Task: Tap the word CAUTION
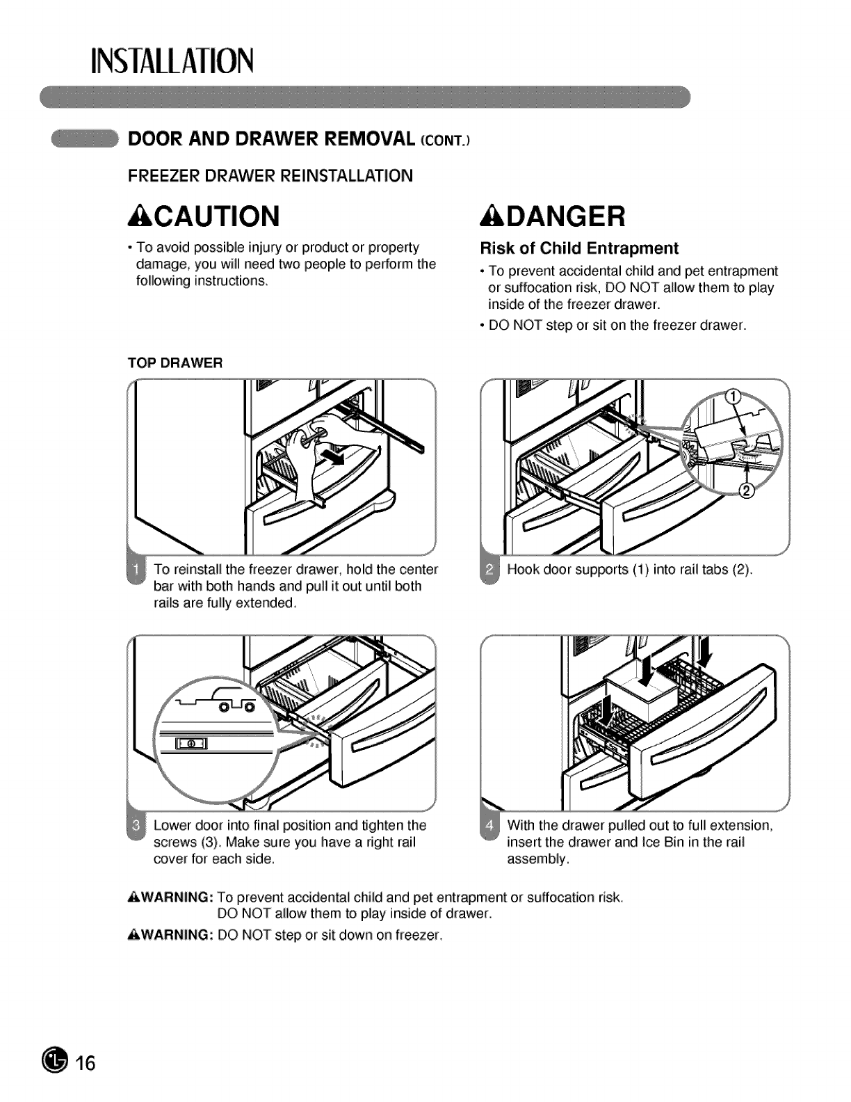tap(213, 217)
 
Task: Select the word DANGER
tap(565, 217)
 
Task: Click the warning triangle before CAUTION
tap(136, 216)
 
